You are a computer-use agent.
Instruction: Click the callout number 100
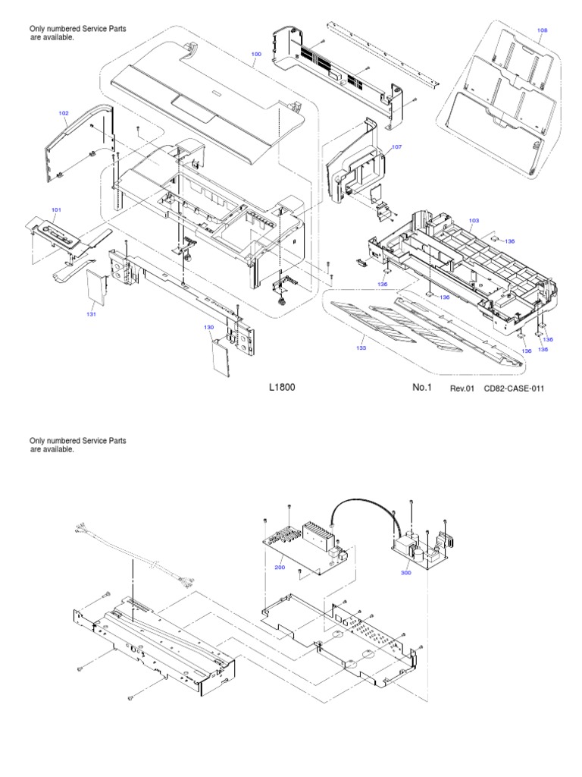255,54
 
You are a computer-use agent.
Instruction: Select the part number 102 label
64,113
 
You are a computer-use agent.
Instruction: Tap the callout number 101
56,209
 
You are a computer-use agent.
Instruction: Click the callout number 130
209,327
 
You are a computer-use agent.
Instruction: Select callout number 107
396,146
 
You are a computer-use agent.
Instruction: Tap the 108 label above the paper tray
543,31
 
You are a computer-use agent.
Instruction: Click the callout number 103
474,221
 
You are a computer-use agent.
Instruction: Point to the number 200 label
279,566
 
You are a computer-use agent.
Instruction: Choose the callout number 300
406,574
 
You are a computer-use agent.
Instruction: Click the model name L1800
282,388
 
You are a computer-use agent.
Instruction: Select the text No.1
421,388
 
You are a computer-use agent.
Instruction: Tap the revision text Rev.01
462,388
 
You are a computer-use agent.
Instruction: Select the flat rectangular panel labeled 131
94,286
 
